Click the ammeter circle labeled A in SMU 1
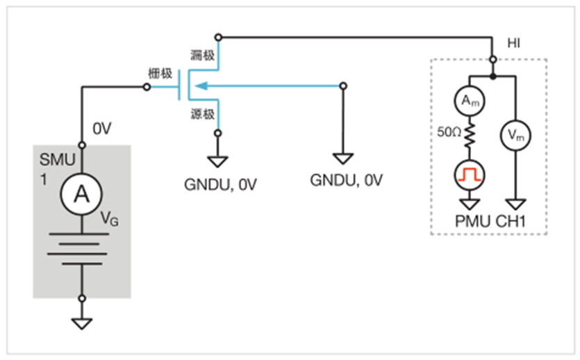pyautogui.click(x=82, y=197)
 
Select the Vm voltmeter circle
pyautogui.click(x=515, y=136)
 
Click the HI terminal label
pyautogui.click(x=514, y=43)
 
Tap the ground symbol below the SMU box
pyautogui.click(x=82, y=323)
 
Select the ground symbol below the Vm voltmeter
pyautogui.click(x=515, y=203)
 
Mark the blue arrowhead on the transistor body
pyautogui.click(x=199, y=85)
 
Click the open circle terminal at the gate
pyautogui.click(x=147, y=87)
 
